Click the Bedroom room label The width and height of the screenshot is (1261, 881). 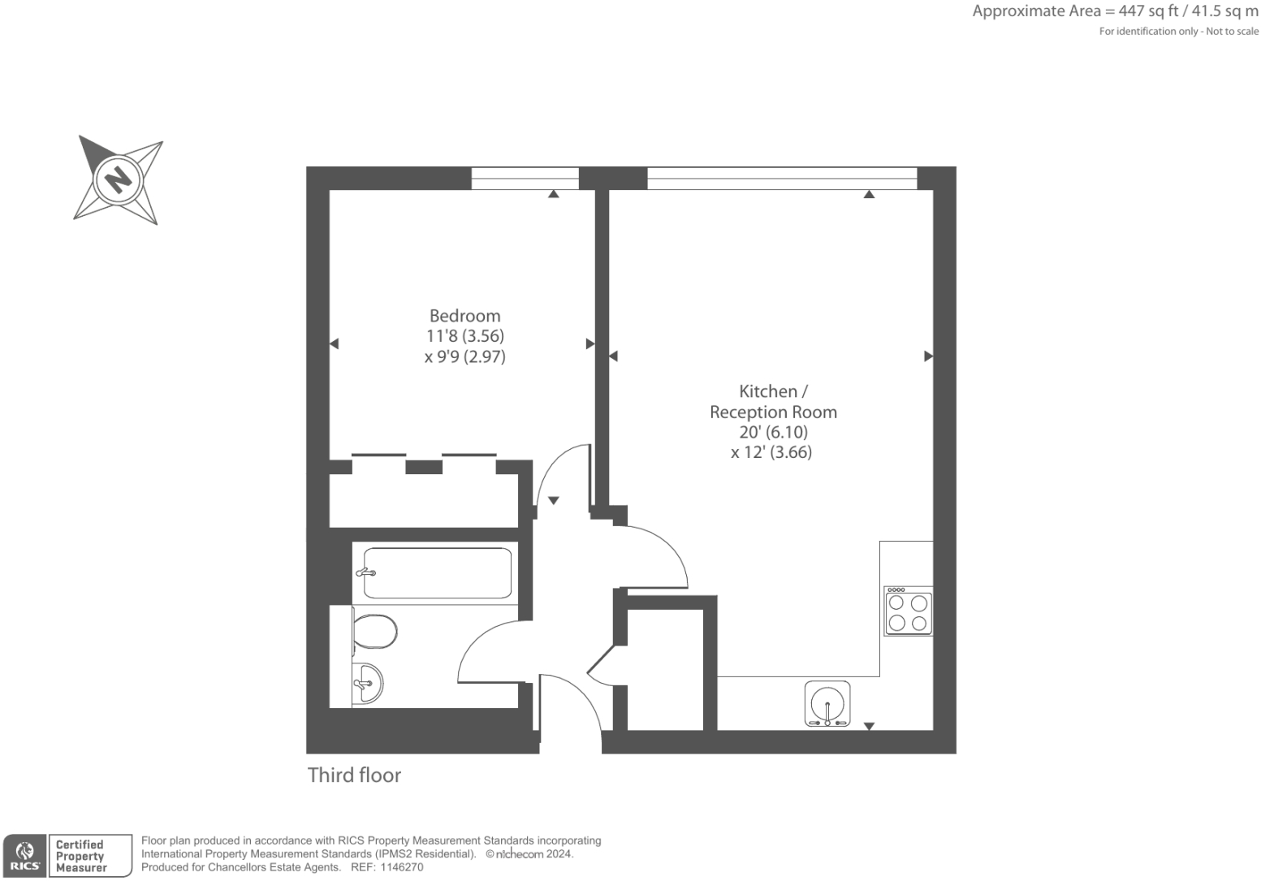click(464, 316)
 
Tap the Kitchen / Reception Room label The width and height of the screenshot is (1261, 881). click(773, 401)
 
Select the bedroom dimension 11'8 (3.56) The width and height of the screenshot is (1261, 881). click(465, 336)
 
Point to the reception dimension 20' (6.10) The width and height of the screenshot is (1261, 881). click(773, 432)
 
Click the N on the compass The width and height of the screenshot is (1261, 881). click(119, 179)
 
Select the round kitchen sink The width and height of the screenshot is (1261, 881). click(827, 703)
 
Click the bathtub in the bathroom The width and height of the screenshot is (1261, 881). click(437, 573)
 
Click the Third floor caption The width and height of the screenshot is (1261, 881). click(354, 775)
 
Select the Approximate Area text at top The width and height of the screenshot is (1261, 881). click(1115, 11)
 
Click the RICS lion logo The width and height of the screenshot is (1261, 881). click(24, 855)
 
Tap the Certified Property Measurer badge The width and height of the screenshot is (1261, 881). click(89, 856)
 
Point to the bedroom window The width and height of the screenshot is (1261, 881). click(525, 178)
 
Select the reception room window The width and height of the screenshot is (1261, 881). click(782, 178)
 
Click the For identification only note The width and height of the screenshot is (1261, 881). click(1178, 32)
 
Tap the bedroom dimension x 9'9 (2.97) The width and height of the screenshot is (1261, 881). click(464, 356)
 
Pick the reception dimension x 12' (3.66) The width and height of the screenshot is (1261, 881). click(771, 452)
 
